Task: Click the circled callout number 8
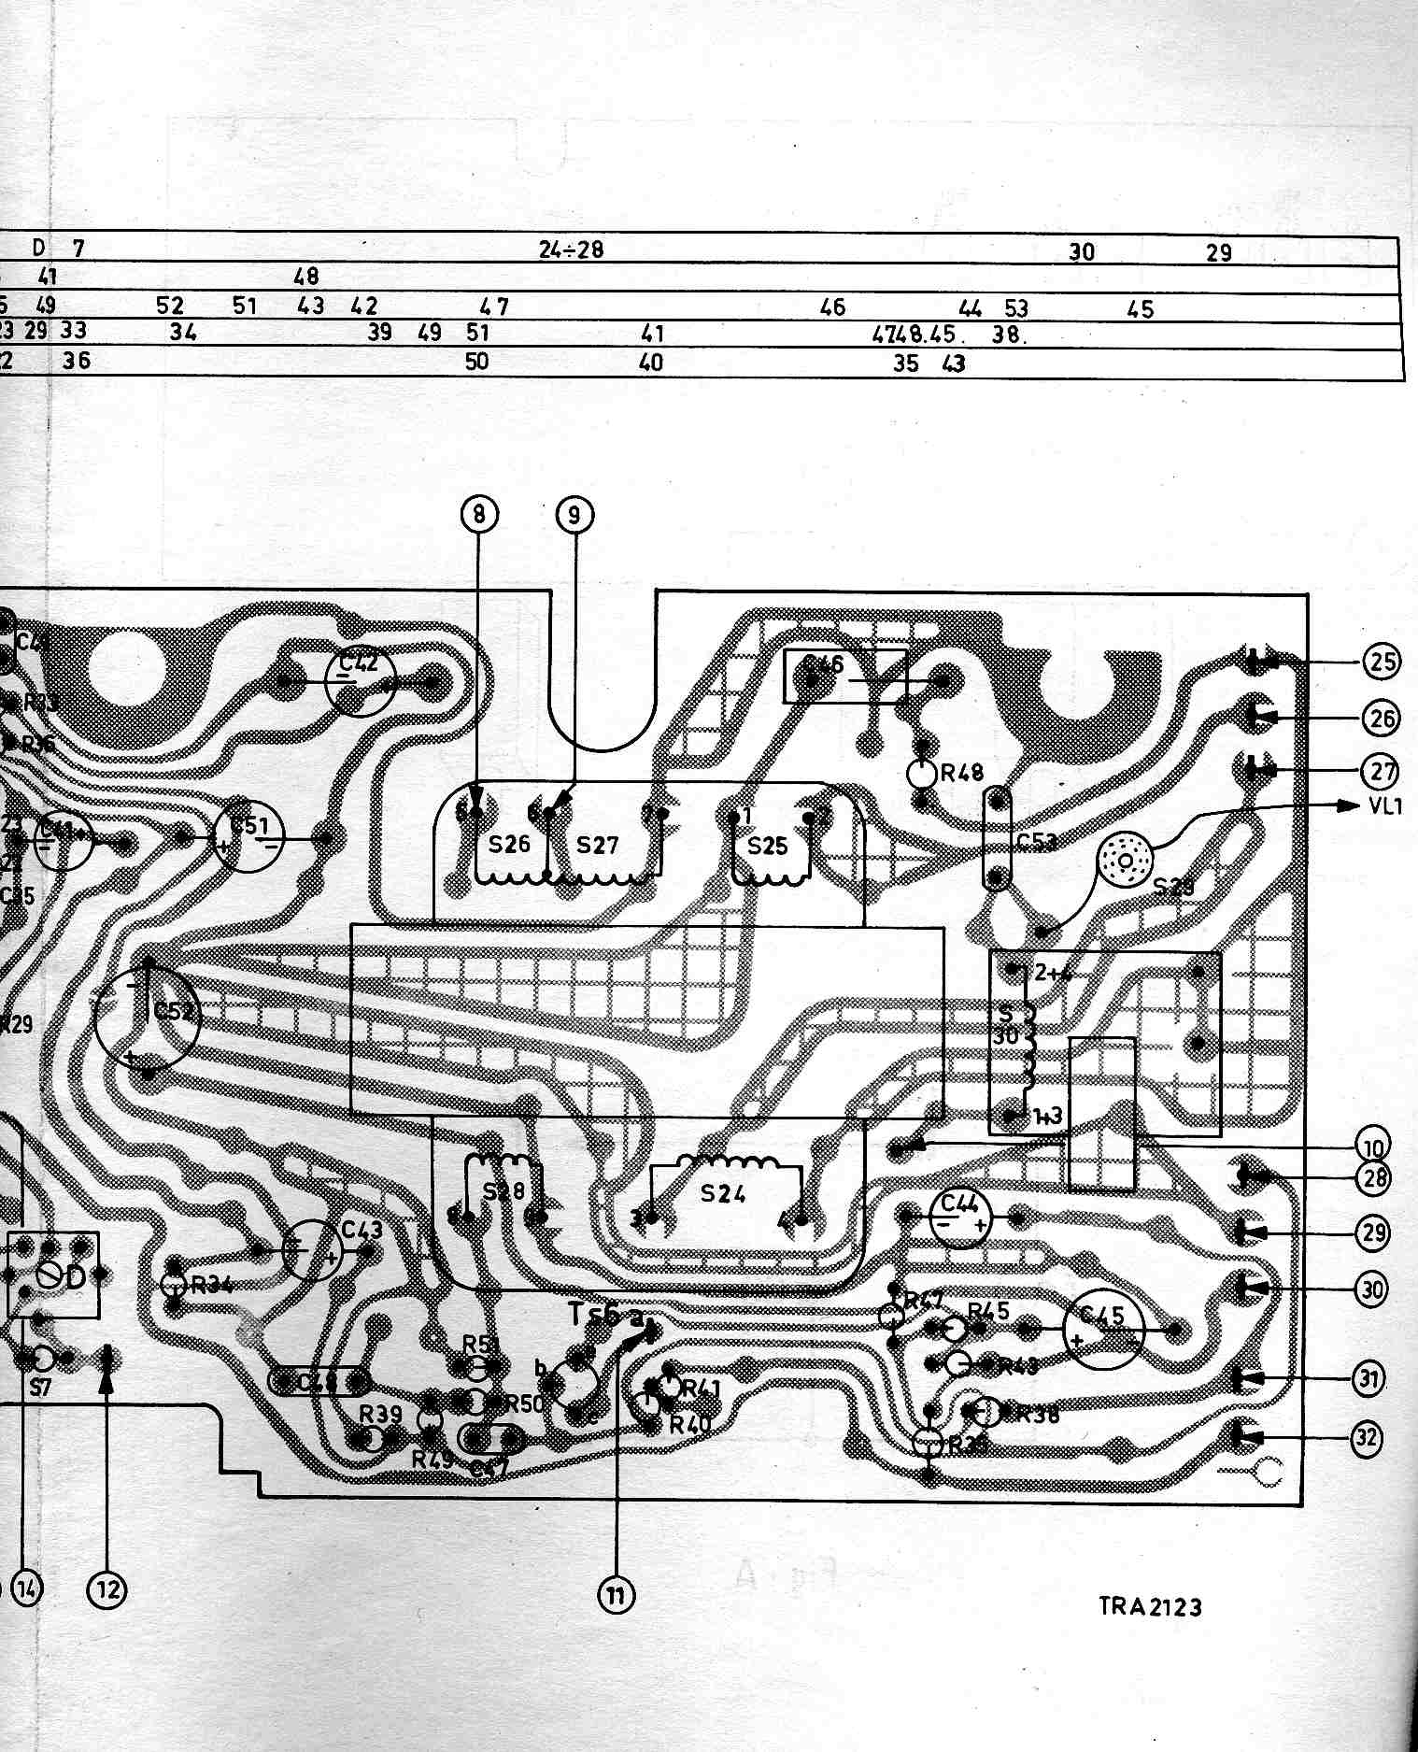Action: (479, 513)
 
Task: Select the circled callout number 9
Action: (574, 513)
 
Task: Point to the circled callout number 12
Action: (106, 1588)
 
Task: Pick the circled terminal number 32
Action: (1367, 1437)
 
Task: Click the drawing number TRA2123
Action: (1149, 1605)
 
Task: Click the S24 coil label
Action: (722, 1192)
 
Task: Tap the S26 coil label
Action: (509, 844)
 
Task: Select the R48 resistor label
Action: (962, 773)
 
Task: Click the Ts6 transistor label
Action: (593, 1313)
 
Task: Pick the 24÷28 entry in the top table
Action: (571, 249)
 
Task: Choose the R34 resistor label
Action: (211, 1285)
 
